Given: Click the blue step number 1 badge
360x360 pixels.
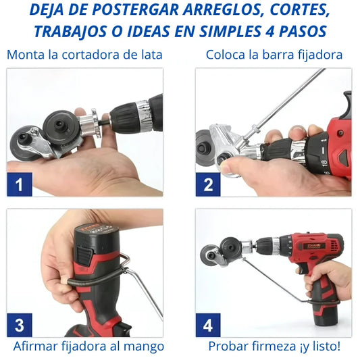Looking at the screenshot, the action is tap(20, 184).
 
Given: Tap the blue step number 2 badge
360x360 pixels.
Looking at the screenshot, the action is tap(208, 184).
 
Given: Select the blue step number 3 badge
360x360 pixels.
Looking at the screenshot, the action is tap(20, 325).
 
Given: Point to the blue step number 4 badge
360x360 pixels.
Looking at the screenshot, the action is tap(208, 325).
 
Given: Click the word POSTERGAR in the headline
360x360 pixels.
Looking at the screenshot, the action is tap(136, 10).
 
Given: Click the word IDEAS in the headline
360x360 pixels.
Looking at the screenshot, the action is tap(149, 32).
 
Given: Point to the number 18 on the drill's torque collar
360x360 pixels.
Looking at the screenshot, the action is tap(324, 162).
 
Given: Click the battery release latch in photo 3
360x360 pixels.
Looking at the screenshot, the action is tap(84, 255).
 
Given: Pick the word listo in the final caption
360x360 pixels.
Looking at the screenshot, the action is tap(324, 346).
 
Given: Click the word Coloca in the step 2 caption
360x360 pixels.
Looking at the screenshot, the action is tap(226, 55).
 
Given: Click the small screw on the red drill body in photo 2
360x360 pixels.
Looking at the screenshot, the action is tap(341, 132).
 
